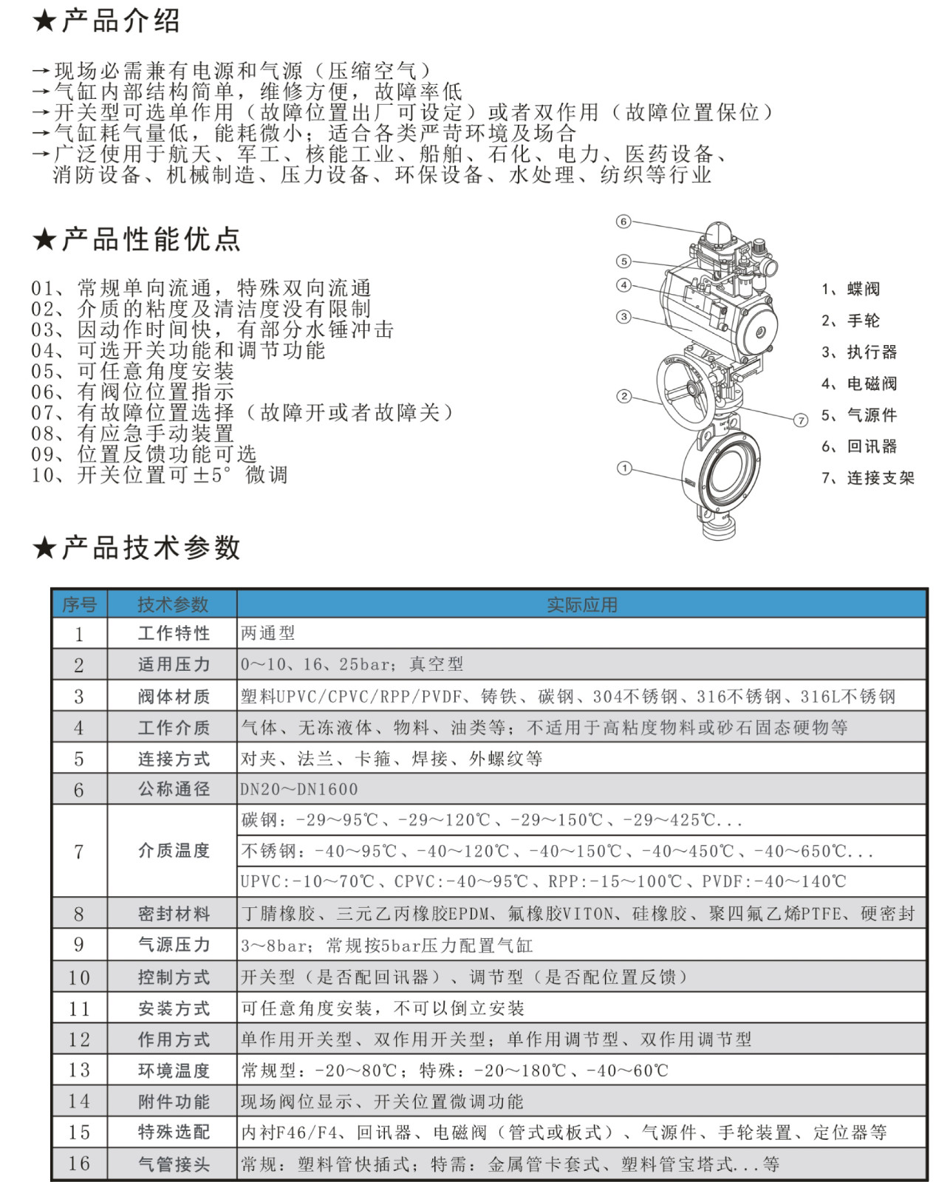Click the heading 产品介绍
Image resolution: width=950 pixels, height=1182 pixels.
120,21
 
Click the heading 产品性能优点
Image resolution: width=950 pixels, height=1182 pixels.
151,239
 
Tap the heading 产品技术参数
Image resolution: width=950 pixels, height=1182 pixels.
151,548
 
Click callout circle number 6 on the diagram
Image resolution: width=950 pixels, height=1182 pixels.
623,222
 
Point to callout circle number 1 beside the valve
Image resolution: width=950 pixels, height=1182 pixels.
624,468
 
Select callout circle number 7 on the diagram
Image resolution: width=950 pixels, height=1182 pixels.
801,420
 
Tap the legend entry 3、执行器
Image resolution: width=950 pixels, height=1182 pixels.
859,352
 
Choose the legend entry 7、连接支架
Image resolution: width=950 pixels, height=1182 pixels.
868,478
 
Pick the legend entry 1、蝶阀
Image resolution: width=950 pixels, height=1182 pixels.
850,289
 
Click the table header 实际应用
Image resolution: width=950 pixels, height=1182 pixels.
581,605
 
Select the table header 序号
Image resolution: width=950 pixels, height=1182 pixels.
80,605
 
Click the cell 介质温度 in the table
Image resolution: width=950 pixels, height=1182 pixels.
174,851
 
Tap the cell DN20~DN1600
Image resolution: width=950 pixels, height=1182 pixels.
299,790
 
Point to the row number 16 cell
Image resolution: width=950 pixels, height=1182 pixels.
79,1164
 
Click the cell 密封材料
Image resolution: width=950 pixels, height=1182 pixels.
174,914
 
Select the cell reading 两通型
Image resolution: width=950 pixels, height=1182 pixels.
268,633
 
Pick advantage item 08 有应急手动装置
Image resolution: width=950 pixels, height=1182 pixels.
133,434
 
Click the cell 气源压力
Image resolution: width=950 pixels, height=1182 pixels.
174,945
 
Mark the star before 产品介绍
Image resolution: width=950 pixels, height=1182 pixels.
44,21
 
